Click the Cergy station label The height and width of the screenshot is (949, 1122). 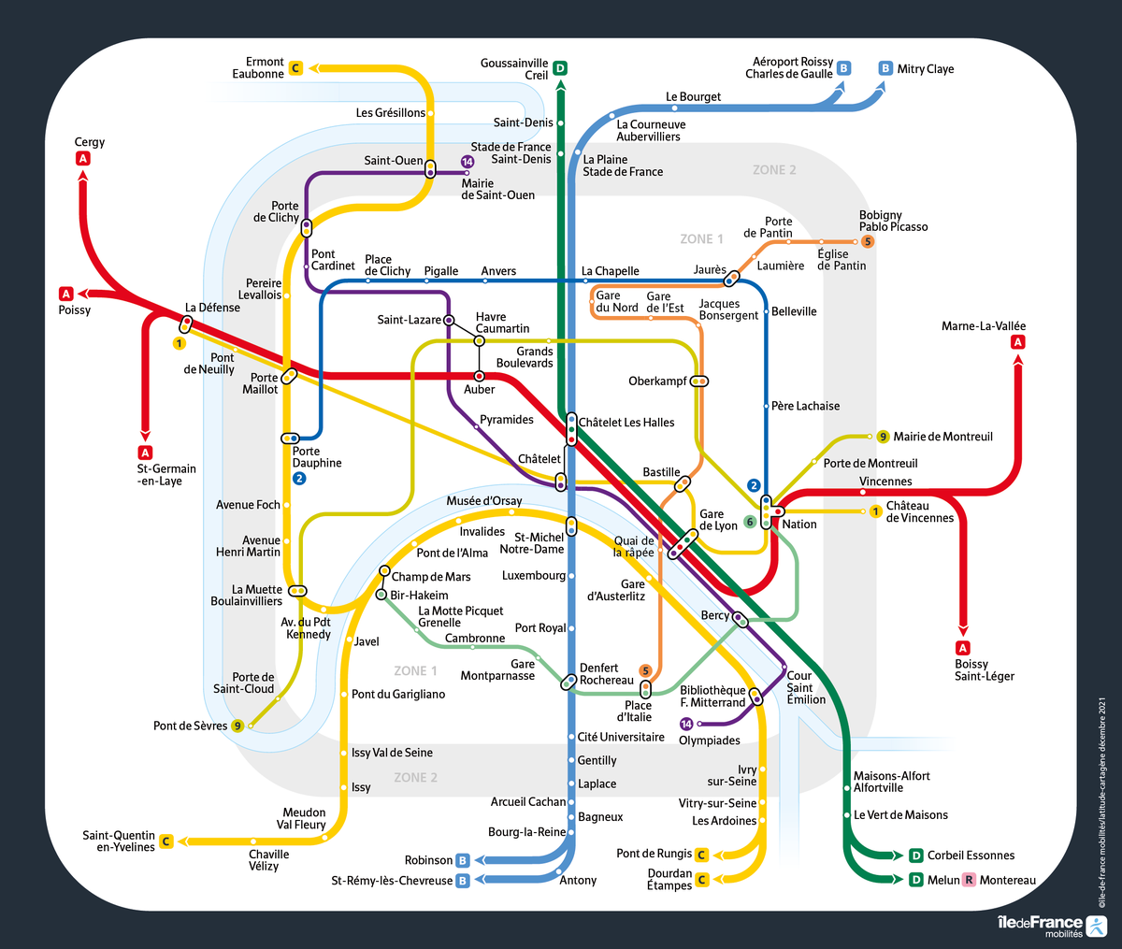[x=90, y=142]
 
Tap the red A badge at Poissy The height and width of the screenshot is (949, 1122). [x=66, y=294]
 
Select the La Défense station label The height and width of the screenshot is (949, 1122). [x=212, y=308]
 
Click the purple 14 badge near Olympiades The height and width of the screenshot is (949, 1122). [x=686, y=724]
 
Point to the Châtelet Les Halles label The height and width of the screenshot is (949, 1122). [x=626, y=423]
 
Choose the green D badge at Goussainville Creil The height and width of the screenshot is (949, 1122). [x=560, y=68]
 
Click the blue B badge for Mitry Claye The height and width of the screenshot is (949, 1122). [x=885, y=68]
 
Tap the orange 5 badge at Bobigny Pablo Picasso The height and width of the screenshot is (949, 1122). [x=868, y=241]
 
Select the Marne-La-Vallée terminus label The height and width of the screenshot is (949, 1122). [x=984, y=326]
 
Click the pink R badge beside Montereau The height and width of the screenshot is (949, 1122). [x=969, y=880]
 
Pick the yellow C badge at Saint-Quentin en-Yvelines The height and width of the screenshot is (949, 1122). [x=166, y=841]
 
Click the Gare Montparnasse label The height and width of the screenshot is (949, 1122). [x=497, y=669]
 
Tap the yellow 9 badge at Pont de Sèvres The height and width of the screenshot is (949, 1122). [x=237, y=726]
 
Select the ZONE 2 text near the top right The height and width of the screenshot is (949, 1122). [x=774, y=170]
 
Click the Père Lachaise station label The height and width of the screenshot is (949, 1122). [x=805, y=406]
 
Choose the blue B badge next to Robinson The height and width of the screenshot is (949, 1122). [x=462, y=860]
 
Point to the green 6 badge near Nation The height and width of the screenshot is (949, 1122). [x=750, y=522]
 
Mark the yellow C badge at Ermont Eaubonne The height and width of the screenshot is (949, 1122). [x=295, y=67]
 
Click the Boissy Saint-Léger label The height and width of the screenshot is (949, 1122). [x=984, y=670]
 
